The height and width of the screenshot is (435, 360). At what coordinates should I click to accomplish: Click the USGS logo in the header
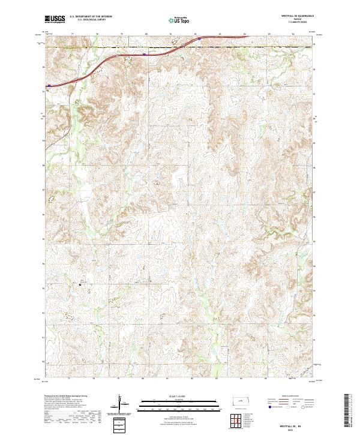(x=55, y=19)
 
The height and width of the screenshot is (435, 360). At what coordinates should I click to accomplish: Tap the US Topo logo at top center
(x=179, y=20)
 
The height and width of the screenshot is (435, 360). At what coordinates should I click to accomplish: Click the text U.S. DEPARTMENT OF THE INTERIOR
(x=91, y=17)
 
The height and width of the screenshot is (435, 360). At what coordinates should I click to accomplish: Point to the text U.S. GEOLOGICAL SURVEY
(x=86, y=20)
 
